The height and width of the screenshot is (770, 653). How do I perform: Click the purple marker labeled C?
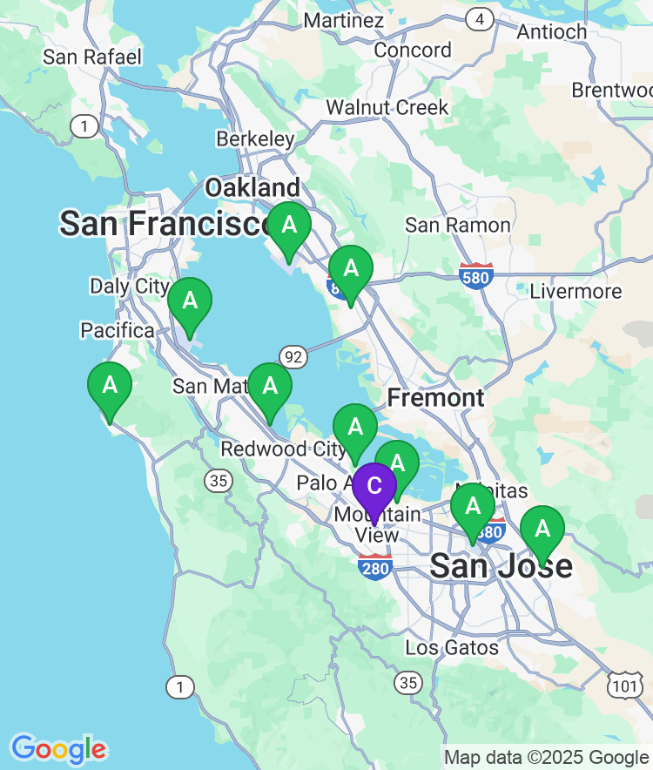coord(374,486)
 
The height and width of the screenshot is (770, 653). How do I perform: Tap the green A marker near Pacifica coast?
coord(110,385)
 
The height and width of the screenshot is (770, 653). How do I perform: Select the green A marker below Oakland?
coord(289,226)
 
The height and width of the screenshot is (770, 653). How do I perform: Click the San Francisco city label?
coord(165,224)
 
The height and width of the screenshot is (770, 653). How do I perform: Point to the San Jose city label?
coord(502,566)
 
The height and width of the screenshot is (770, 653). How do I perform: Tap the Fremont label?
coord(435,398)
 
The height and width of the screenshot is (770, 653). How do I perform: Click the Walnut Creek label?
coord(387,108)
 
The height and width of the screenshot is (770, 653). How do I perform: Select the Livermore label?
coord(576,291)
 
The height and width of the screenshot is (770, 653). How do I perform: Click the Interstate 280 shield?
coord(374,566)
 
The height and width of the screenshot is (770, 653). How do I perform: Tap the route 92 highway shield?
coord(293,355)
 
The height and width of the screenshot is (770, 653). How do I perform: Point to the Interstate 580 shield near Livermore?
coord(476,275)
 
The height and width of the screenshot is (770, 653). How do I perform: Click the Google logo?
coord(58,748)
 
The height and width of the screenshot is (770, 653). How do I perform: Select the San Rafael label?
coord(91,57)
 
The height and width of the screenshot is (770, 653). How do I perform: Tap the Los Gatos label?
coord(452,647)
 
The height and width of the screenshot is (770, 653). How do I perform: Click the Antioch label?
coord(552,31)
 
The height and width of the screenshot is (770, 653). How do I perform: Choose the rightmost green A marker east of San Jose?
coord(542,529)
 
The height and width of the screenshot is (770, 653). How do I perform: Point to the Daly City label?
coord(130,286)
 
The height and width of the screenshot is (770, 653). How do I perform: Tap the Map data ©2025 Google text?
coord(546,758)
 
